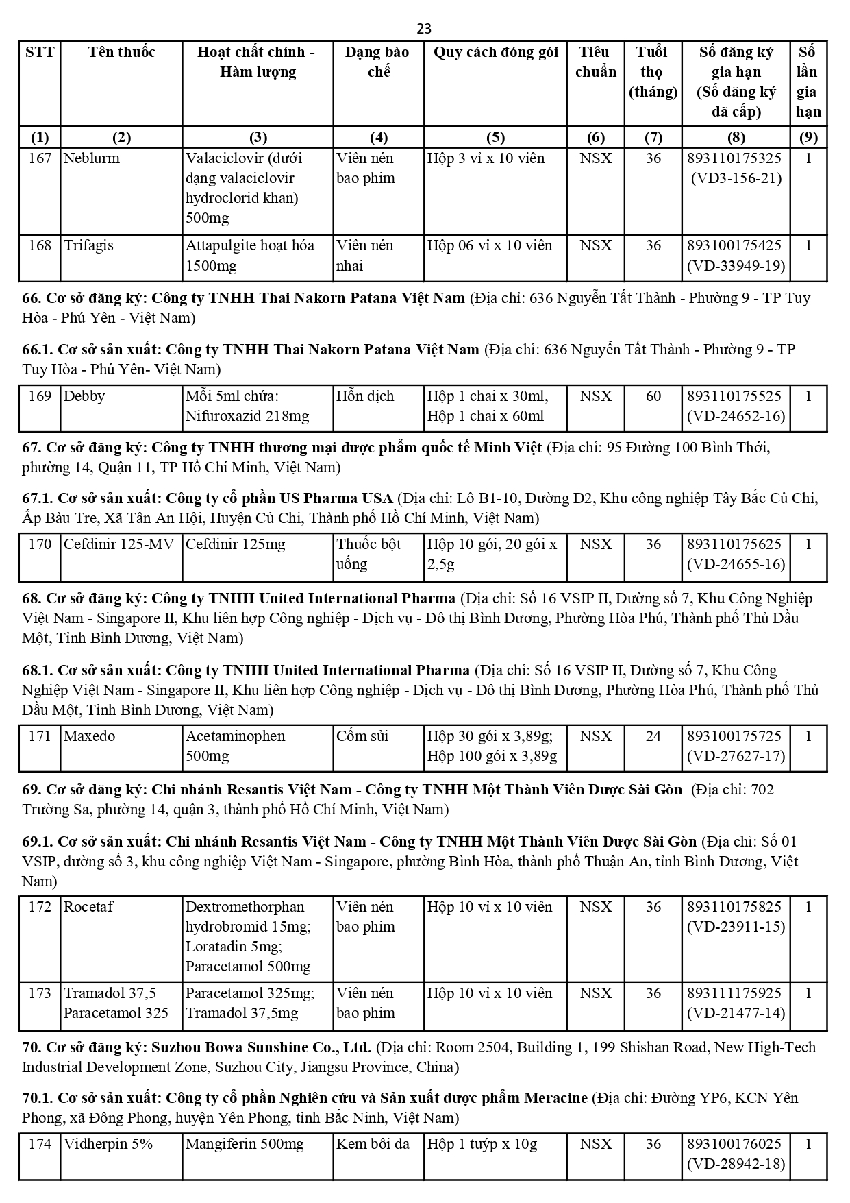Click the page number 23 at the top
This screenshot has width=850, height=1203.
pyautogui.click(x=424, y=28)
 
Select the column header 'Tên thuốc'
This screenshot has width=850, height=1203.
pyautogui.click(x=121, y=52)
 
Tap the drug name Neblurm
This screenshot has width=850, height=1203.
pyautogui.click(x=91, y=158)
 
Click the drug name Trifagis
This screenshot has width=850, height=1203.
pyautogui.click(x=88, y=245)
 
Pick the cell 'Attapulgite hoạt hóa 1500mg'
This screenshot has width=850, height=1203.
pyautogui.click(x=250, y=256)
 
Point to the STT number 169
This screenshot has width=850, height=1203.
pyautogui.click(x=40, y=396)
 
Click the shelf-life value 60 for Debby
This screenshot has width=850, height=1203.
pyautogui.click(x=653, y=396)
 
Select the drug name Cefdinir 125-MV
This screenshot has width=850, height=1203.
pyautogui.click(x=118, y=544)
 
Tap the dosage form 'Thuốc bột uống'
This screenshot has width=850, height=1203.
pyautogui.click(x=368, y=554)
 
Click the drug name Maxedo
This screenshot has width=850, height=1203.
pyautogui.click(x=89, y=736)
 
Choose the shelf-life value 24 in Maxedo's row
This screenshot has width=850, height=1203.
pyautogui.click(x=653, y=736)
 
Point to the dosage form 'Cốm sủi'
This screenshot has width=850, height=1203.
pyautogui.click(x=362, y=736)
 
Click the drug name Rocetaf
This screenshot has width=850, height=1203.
pyautogui.click(x=88, y=907)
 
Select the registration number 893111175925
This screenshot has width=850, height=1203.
pyautogui.click(x=734, y=993)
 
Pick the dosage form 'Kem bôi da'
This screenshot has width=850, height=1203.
pyautogui.click(x=373, y=1144)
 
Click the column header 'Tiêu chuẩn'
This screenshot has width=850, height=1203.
pyautogui.click(x=595, y=62)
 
